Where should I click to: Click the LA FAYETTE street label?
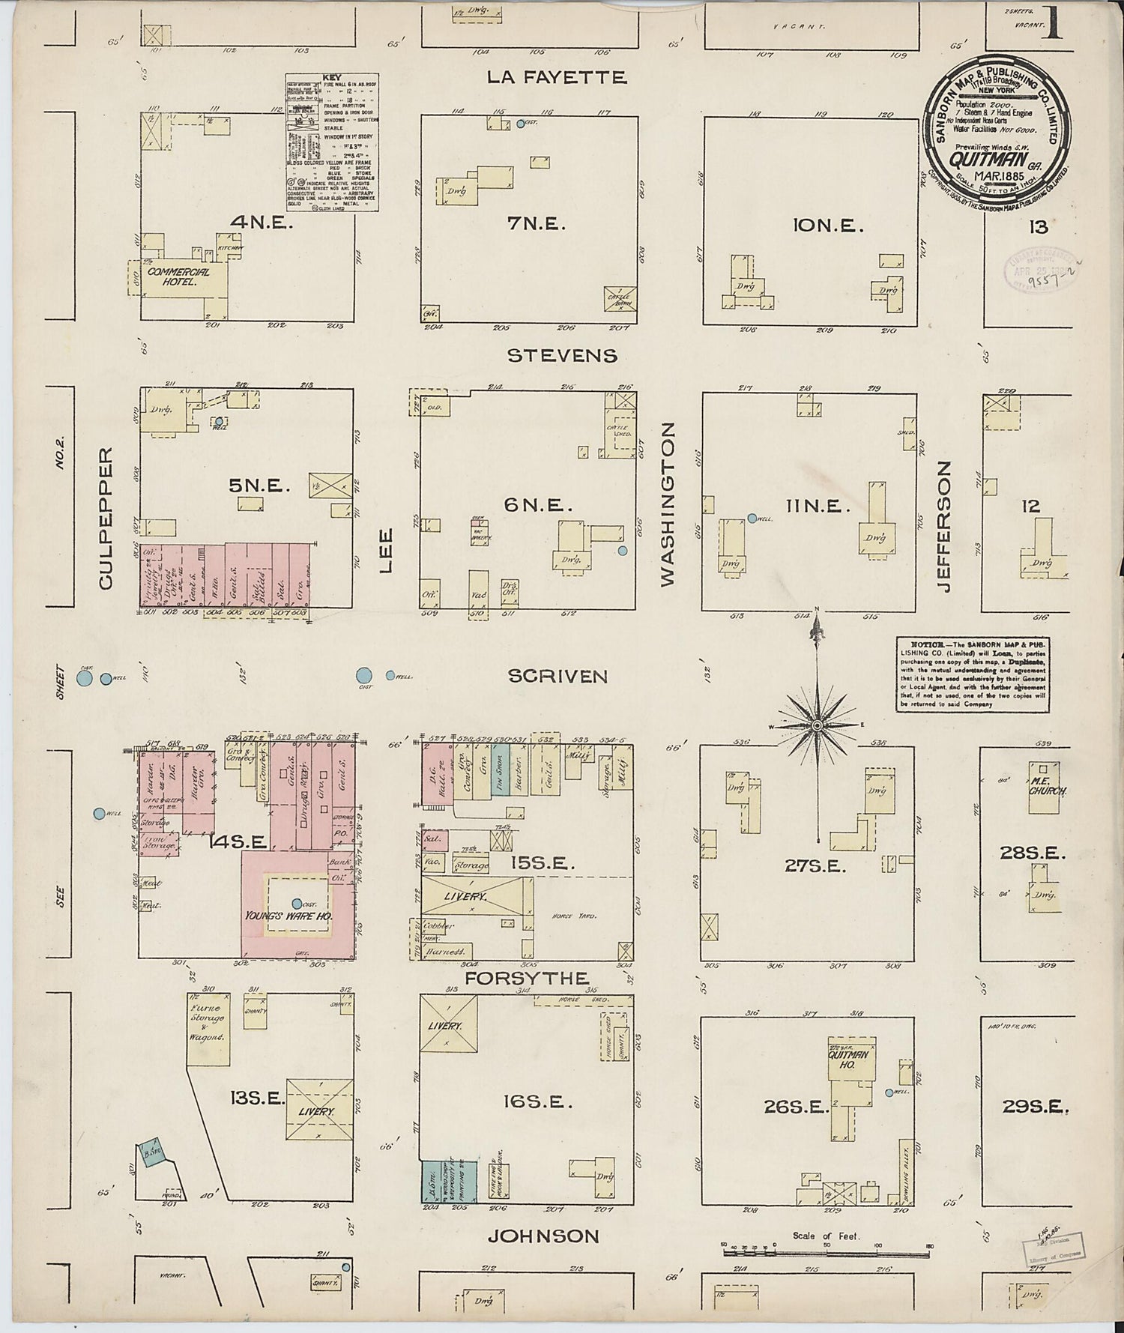coord(556,77)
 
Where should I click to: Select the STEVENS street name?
coord(562,355)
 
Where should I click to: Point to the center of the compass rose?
coord(818,725)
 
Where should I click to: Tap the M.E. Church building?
coord(1047,779)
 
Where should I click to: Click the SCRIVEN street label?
coord(557,677)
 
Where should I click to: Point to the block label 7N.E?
coord(537,223)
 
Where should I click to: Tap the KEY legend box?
coord(332,143)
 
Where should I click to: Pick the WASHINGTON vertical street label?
coord(668,503)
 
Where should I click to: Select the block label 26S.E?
coord(794,1106)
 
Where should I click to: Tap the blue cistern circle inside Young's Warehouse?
coord(297,904)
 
